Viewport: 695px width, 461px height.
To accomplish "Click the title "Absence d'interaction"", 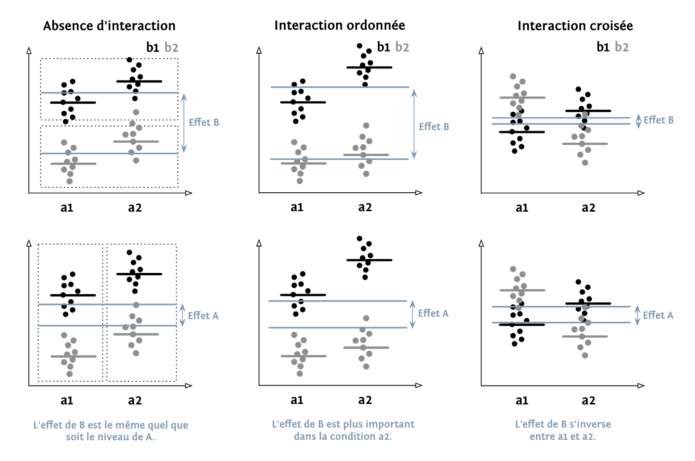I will click(109, 25).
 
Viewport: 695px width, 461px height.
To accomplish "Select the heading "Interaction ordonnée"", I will click(339, 25).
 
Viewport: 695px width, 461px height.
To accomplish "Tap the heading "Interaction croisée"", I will click(575, 25).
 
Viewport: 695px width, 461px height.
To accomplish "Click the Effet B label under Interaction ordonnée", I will click(434, 126).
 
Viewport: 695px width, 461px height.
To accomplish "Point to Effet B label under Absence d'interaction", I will click(204, 123).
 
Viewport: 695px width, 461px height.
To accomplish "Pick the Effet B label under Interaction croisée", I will click(659, 120).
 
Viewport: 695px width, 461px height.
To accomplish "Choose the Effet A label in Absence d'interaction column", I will click(203, 315).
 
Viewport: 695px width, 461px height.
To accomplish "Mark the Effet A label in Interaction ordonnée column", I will click(433, 313).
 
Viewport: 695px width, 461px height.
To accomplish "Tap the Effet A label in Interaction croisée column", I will click(658, 315).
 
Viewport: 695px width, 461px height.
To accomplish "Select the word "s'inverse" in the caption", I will click(590, 424).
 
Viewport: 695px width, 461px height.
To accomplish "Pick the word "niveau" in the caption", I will click(121, 437).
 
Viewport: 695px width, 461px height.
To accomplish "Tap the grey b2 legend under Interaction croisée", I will click(622, 47).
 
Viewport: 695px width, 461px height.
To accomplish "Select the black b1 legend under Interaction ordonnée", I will click(383, 47).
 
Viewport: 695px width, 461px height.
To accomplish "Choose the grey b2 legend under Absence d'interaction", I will click(171, 48).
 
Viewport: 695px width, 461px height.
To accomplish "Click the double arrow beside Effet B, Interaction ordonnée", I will click(414, 123).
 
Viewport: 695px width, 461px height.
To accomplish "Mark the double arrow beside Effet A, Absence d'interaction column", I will click(183, 315).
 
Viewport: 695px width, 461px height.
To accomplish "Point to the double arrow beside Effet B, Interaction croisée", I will click(638, 121).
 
